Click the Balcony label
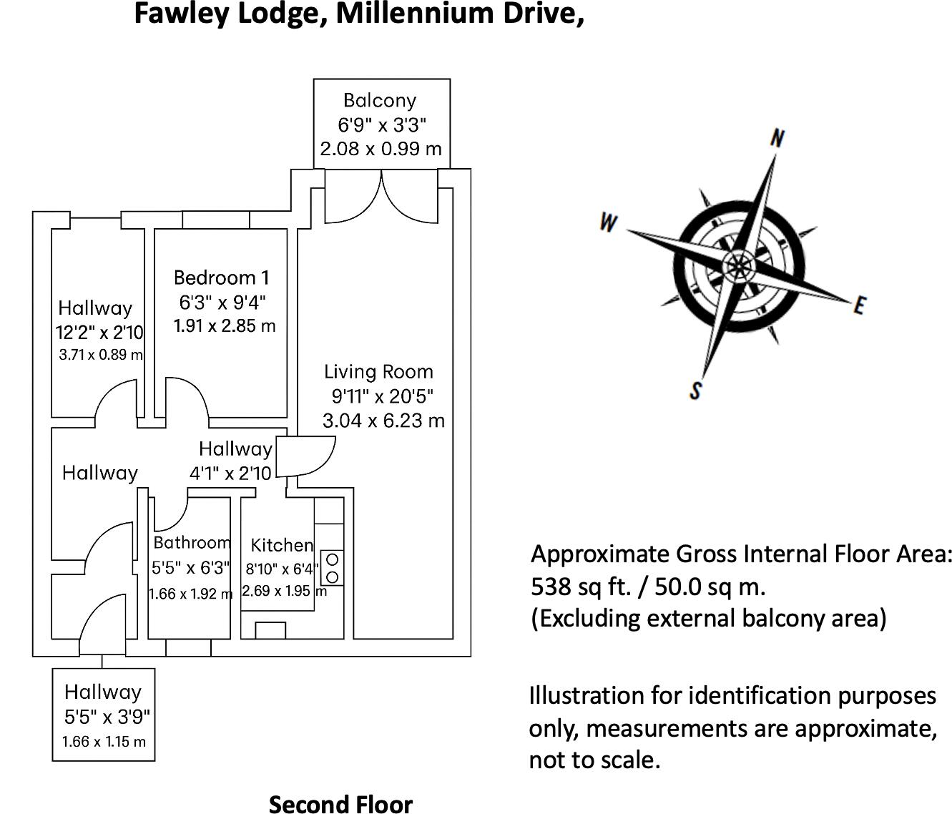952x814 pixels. click(380, 101)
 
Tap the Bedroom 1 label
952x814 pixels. click(222, 278)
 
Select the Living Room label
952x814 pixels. click(378, 372)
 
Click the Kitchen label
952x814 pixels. click(282, 546)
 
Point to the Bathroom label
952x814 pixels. click(192, 543)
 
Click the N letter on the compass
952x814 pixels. click(777, 138)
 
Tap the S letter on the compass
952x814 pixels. click(695, 391)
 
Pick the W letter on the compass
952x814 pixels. click(608, 222)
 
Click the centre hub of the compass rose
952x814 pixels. click(738, 266)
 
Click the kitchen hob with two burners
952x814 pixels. click(332, 568)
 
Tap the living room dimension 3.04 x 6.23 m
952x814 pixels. click(383, 421)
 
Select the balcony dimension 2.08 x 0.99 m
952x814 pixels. click(381, 149)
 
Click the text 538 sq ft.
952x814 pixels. click(580, 587)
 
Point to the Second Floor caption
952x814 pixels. click(341, 805)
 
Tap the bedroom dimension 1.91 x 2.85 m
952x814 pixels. click(225, 325)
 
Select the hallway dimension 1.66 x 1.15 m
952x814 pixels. click(104, 742)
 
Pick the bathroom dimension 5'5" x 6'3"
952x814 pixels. click(191, 568)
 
